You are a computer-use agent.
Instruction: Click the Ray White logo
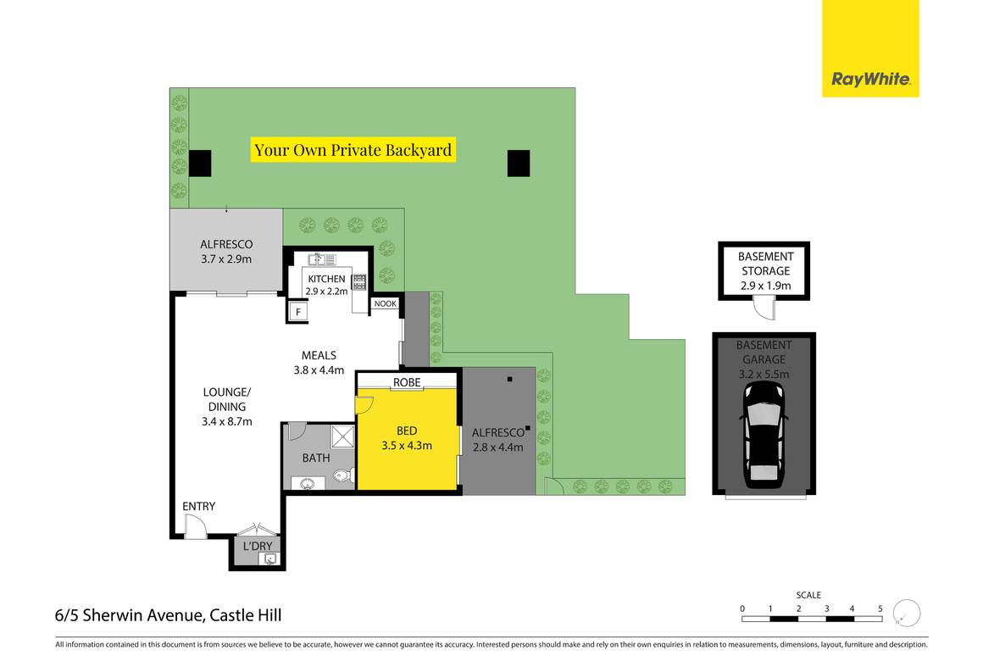[x=870, y=80]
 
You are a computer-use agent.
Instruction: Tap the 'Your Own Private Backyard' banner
[x=354, y=150]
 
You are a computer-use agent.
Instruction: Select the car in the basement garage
[x=764, y=434]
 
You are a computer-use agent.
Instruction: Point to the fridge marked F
[x=297, y=312]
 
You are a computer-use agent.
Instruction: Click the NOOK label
[x=386, y=304]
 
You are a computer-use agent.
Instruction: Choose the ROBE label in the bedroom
[x=407, y=382]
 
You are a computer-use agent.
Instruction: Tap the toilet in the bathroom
[x=342, y=476]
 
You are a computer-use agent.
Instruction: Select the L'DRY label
[x=258, y=546]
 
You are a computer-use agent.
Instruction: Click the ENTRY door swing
[x=195, y=528]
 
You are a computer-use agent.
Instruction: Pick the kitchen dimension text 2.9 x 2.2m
[x=327, y=291]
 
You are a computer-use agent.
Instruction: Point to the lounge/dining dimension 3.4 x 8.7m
[x=226, y=420]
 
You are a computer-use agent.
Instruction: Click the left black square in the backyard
[x=200, y=163]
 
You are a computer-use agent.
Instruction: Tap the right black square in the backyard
[x=519, y=163]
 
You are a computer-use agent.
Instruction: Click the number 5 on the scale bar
[x=880, y=609]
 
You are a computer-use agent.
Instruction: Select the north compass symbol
[x=908, y=612]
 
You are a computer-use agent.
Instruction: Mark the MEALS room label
[x=319, y=355]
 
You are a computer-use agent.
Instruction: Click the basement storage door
[x=765, y=311]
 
